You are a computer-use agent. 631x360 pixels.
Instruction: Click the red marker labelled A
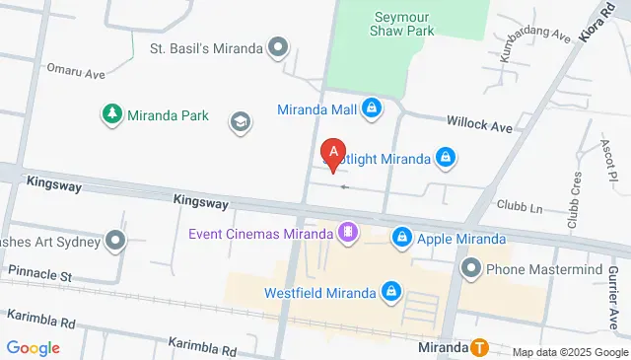tap(334, 153)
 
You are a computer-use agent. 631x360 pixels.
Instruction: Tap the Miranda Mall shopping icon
tap(372, 108)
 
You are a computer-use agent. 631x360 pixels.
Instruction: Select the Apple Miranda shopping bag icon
tap(402, 238)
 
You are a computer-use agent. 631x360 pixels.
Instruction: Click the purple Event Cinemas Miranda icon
tap(347, 233)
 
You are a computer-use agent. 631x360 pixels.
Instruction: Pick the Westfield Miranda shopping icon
tap(391, 292)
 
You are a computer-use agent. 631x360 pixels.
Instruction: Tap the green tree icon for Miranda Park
tap(111, 114)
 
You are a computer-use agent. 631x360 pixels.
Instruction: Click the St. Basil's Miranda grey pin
tap(279, 46)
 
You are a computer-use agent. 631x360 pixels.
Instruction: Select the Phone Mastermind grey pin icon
tap(470, 267)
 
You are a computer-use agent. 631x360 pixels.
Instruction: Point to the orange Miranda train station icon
tap(479, 347)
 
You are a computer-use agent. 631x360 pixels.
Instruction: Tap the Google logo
tap(33, 348)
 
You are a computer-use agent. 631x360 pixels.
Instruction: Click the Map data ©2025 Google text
tap(570, 352)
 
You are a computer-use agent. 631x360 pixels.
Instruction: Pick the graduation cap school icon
tap(239, 121)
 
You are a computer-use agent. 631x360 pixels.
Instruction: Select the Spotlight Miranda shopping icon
tap(446, 158)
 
